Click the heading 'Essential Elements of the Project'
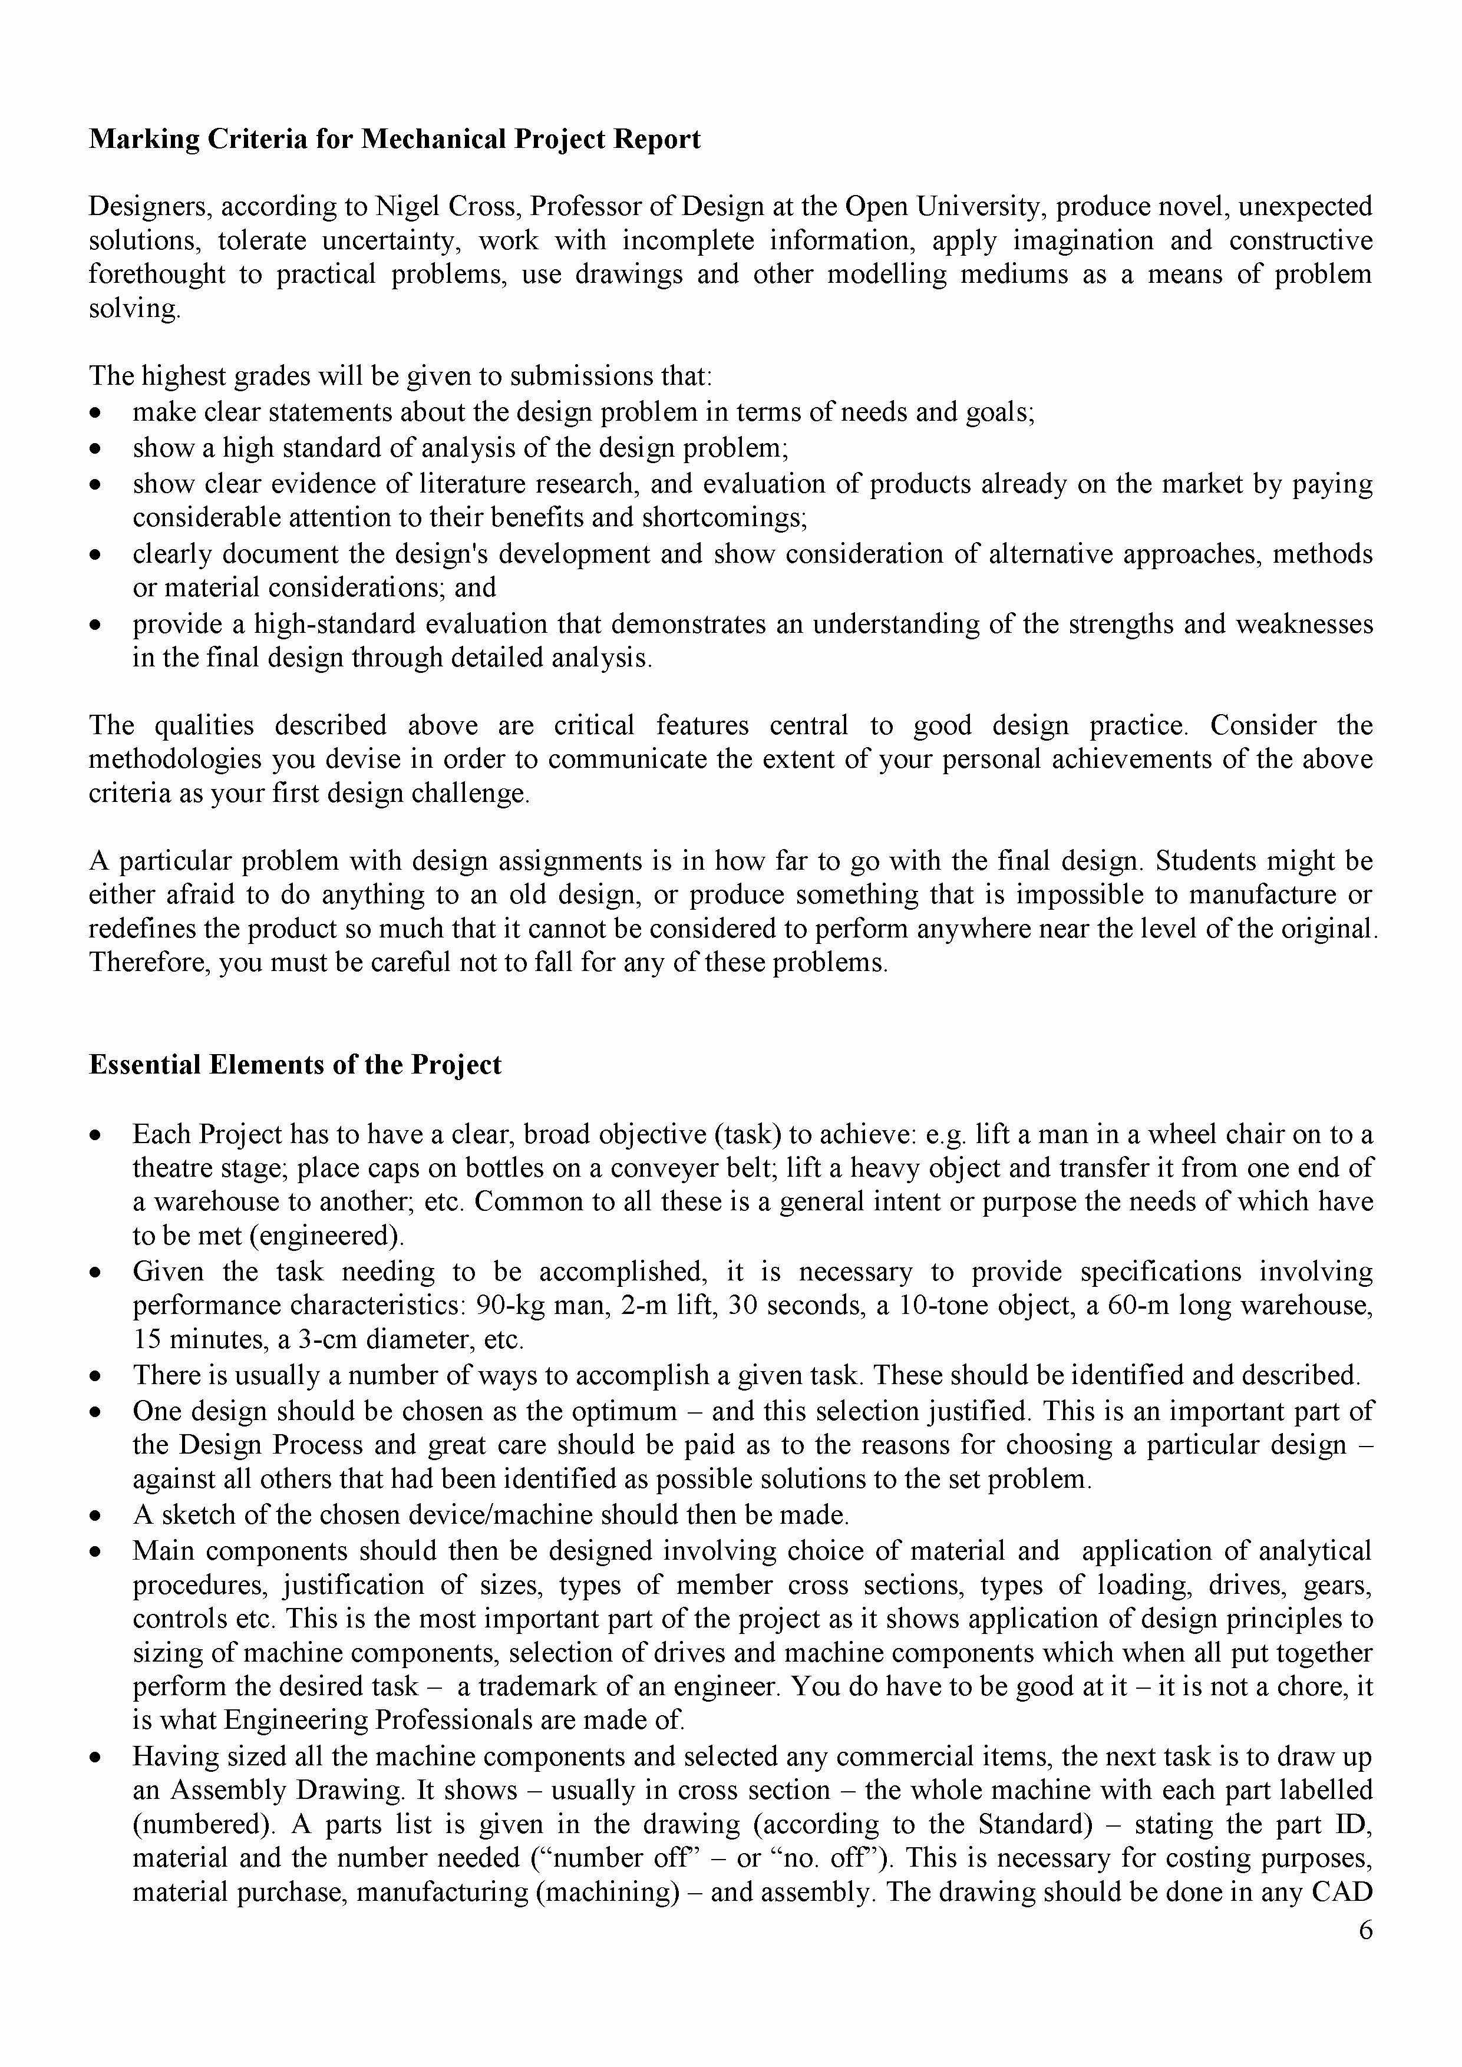pyautogui.click(x=295, y=1065)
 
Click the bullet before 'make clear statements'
pyautogui.click(x=96, y=413)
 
